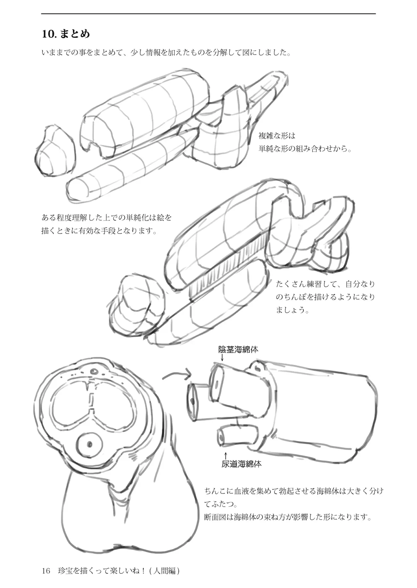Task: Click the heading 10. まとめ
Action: coord(66,34)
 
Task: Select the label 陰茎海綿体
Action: coord(238,350)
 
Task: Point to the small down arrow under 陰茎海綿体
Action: coord(222,357)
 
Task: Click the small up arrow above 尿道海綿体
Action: coord(225,455)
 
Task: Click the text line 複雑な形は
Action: coord(277,136)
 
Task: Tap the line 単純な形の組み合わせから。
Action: coord(305,149)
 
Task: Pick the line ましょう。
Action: coord(292,310)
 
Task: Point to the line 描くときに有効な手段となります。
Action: coord(99,231)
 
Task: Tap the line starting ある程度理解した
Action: coord(107,217)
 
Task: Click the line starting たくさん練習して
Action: coord(325,284)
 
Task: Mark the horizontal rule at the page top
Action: coord(208,13)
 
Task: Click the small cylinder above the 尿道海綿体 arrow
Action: coord(237,436)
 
